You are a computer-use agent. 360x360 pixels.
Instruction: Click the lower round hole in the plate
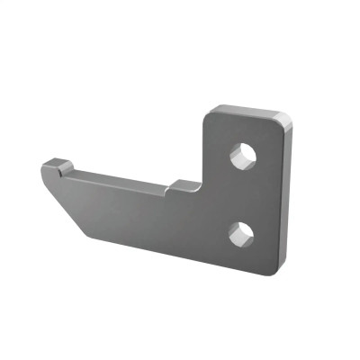tap(240, 235)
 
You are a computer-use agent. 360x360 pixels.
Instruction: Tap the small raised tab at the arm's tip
tap(58, 166)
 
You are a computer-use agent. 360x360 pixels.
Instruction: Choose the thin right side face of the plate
tap(283, 198)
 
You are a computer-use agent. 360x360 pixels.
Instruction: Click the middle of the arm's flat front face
tap(135, 211)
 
